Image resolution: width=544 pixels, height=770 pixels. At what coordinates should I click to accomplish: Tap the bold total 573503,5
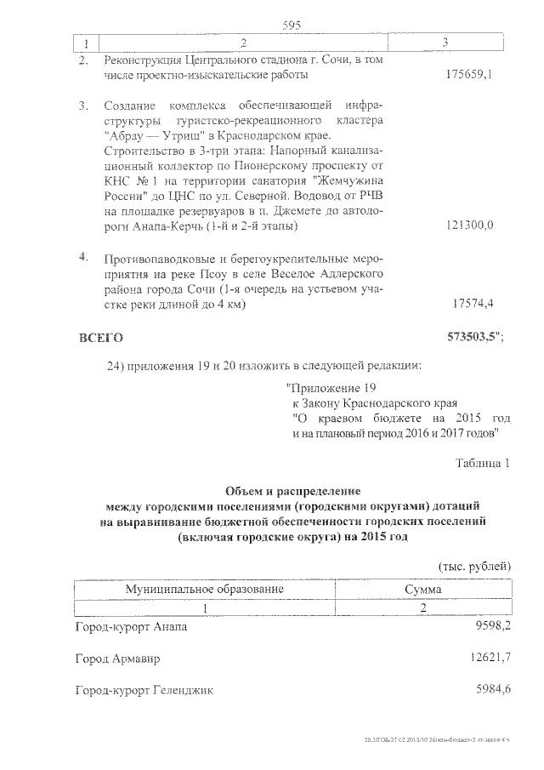[x=473, y=338]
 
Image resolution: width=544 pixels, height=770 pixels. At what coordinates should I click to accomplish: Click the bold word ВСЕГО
[x=100, y=338]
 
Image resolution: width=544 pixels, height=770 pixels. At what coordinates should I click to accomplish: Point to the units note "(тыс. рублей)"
[x=474, y=566]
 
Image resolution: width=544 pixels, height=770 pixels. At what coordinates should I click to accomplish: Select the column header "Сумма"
[x=423, y=589]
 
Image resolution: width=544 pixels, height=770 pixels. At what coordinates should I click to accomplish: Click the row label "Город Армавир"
[x=117, y=659]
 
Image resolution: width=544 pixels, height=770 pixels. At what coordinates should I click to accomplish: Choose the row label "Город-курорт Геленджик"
[x=144, y=690]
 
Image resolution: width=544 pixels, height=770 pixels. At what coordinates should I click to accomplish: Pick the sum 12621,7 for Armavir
[x=488, y=658]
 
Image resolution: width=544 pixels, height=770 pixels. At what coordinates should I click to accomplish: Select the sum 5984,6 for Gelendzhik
[x=491, y=689]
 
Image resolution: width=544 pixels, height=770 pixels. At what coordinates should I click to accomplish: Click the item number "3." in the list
[x=83, y=106]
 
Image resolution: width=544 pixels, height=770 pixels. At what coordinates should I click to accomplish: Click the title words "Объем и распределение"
[x=292, y=491]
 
